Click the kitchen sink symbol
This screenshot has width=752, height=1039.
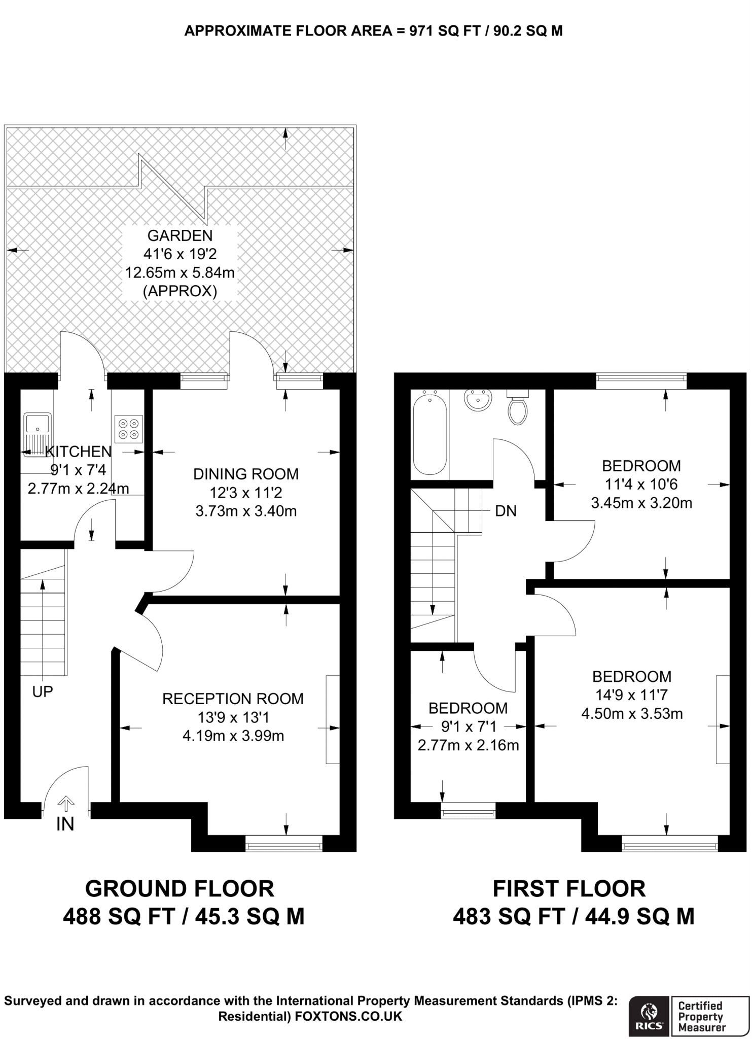pyautogui.click(x=37, y=434)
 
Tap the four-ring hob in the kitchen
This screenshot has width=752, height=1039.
pyautogui.click(x=128, y=429)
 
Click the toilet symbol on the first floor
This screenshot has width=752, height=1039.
pyautogui.click(x=517, y=408)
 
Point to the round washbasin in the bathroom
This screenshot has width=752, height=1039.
pyautogui.click(x=477, y=401)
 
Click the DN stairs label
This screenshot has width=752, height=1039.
pyautogui.click(x=506, y=511)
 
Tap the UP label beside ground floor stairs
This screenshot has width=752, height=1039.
pyautogui.click(x=43, y=691)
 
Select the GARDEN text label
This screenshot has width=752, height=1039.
pyautogui.click(x=180, y=235)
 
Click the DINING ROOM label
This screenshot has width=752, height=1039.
pyautogui.click(x=246, y=474)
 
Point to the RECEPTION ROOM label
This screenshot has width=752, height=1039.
pyautogui.click(x=233, y=699)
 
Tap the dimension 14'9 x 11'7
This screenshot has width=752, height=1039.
pyautogui.click(x=631, y=695)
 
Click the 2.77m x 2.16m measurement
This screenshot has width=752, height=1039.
pyautogui.click(x=468, y=745)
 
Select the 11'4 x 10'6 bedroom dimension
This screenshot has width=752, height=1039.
pyautogui.click(x=641, y=484)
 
